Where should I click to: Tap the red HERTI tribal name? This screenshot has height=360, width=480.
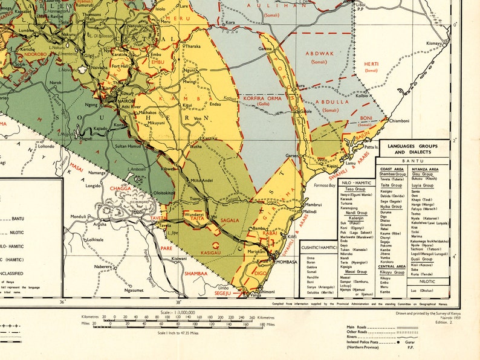click(371, 64)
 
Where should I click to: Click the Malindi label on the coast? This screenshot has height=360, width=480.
click(310, 212)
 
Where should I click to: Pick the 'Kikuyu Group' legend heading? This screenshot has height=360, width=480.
click(391, 272)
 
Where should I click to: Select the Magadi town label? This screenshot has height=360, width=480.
click(86, 137)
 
